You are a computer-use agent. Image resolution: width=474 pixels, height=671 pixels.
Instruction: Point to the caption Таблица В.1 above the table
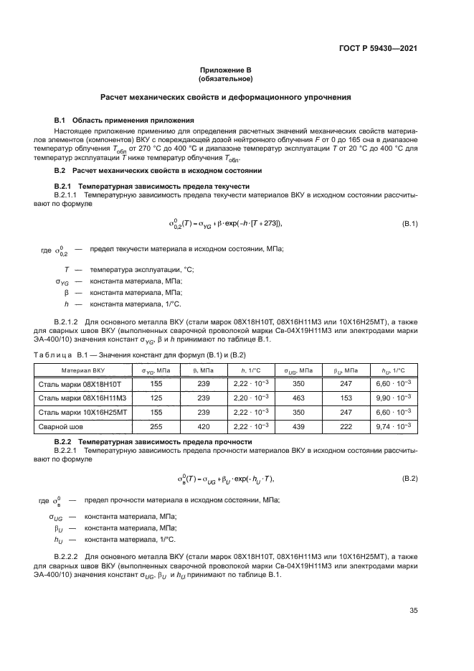tap(143, 355)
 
